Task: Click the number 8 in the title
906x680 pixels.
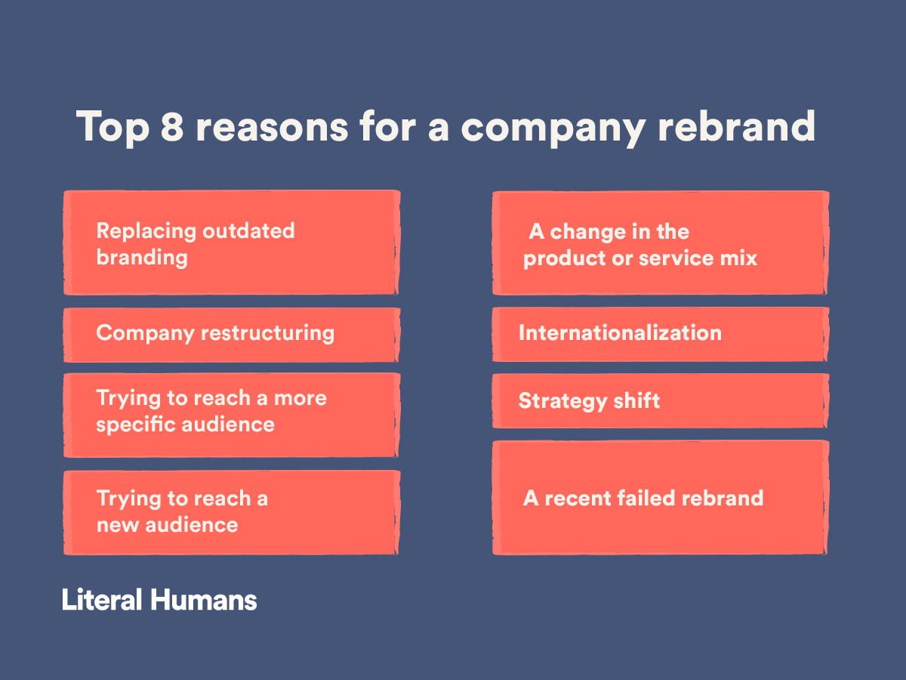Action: coord(171,126)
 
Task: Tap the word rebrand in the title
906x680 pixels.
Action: coord(737,125)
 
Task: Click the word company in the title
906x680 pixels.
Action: coord(553,128)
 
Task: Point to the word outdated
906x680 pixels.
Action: coord(248,230)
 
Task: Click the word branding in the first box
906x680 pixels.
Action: coord(142,258)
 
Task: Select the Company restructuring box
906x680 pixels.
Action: coord(232,335)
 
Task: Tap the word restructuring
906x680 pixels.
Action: coord(267,333)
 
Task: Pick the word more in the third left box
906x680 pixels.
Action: coord(300,398)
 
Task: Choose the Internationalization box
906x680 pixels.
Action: coord(661,335)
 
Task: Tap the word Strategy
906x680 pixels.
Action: coord(562,401)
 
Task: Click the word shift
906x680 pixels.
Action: coord(636,400)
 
